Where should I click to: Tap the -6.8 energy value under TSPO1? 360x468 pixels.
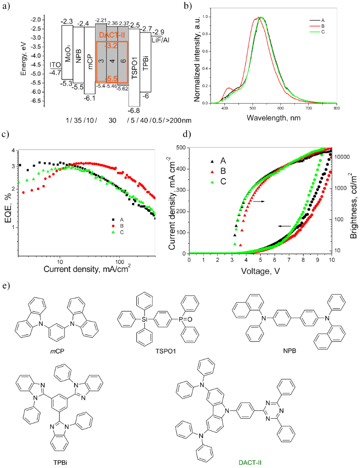[x=134, y=111]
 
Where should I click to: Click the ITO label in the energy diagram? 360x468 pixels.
[x=55, y=64]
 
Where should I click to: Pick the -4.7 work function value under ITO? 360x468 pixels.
[x=55, y=72]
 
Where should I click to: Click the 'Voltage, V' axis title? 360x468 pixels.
[x=260, y=271]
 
